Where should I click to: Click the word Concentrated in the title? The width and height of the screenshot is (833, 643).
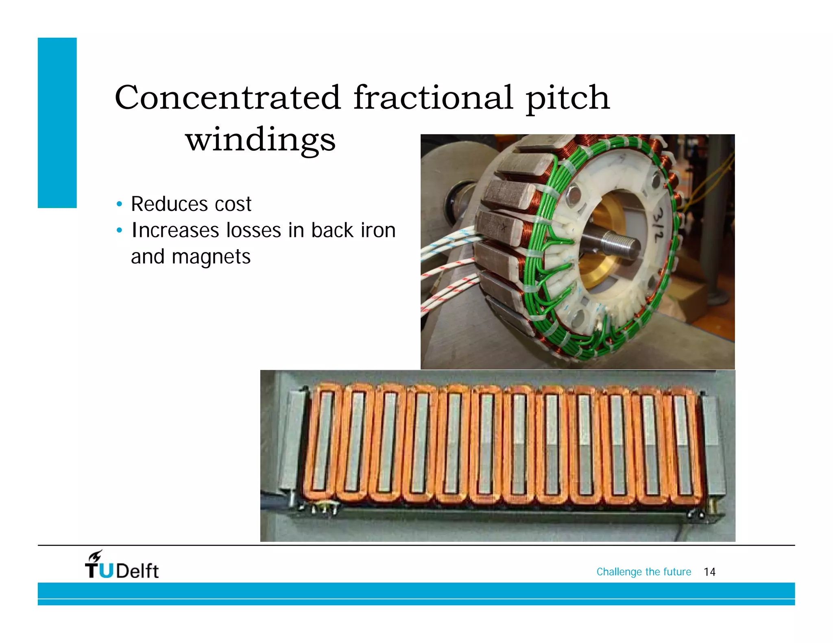228,98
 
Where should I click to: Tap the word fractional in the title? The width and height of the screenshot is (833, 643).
433,98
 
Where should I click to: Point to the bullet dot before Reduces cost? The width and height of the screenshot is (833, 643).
119,204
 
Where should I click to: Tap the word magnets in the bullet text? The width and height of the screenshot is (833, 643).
211,257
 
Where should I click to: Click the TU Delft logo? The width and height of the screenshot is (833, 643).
122,566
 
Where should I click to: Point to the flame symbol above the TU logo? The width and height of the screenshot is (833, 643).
96,555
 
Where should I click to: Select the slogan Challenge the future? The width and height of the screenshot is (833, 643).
643,572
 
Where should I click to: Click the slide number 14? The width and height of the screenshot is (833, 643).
709,572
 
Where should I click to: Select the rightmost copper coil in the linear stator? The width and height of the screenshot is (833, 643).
683,445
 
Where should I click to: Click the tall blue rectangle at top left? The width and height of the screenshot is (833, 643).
57,123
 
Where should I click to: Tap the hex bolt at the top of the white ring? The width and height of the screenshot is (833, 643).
573,193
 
